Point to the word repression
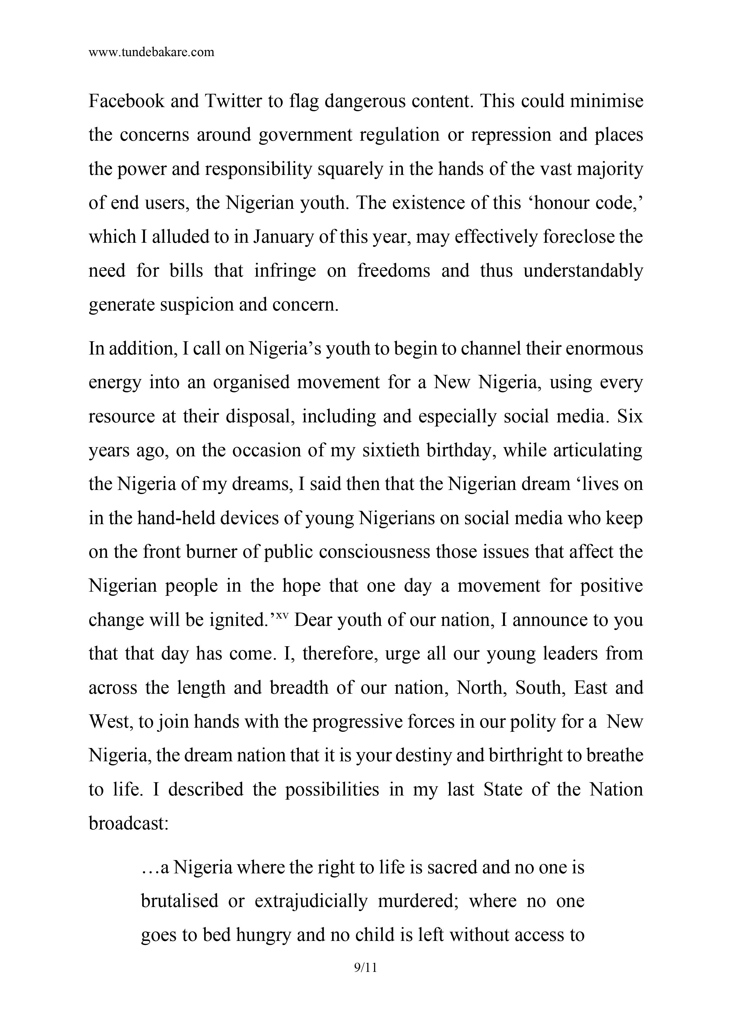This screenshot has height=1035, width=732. pos(510,135)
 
